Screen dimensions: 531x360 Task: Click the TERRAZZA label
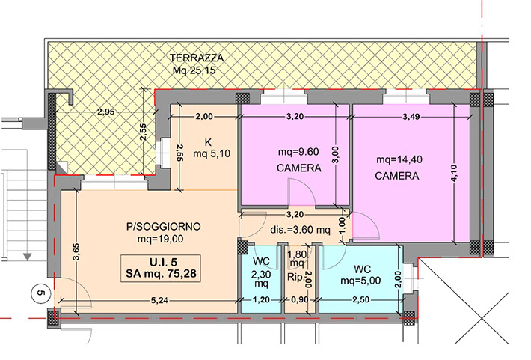[x=197, y=58]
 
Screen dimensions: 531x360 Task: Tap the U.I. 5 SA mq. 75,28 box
[x=161, y=269]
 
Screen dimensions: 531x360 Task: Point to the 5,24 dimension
[x=161, y=300]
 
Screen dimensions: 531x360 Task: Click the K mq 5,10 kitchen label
[x=212, y=148]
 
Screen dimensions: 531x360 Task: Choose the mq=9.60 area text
[x=298, y=152]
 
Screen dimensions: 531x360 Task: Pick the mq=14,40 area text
[x=399, y=159]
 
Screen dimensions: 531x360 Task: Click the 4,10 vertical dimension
[x=454, y=173]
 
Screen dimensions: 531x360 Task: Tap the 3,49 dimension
[x=411, y=117]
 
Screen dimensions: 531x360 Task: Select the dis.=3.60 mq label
[x=300, y=231]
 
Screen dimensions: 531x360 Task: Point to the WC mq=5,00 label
[x=360, y=275]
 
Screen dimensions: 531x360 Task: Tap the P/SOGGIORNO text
[x=164, y=227]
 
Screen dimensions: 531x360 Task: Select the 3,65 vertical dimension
[x=76, y=251]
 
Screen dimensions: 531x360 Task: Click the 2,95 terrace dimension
[x=106, y=112]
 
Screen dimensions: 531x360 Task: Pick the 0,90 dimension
[x=299, y=300]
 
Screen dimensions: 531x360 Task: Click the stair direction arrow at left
[x=28, y=257]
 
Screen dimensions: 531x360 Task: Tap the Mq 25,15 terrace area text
[x=194, y=70]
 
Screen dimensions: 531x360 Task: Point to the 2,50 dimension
[x=361, y=300]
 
